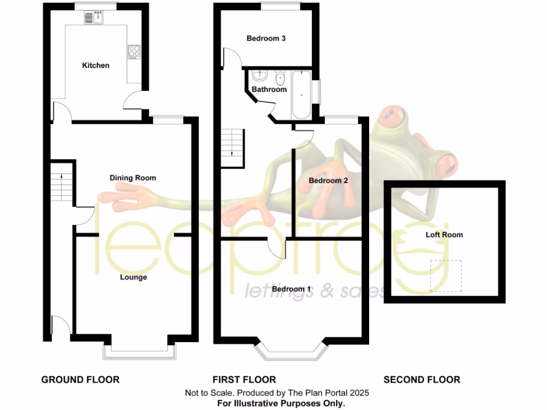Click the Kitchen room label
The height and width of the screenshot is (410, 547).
pyautogui.click(x=96, y=65)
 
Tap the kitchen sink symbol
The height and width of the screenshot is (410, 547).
pyautogui.click(x=95, y=18)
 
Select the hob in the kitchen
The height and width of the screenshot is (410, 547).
pyautogui.click(x=134, y=52)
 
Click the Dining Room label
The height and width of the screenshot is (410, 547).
pyautogui.click(x=133, y=177)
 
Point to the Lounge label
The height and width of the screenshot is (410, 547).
pyautogui.click(x=133, y=277)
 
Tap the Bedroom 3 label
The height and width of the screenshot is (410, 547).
pyautogui.click(x=266, y=38)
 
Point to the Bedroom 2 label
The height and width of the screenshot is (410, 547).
pyautogui.click(x=329, y=180)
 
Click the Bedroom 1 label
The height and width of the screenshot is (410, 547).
pyautogui.click(x=292, y=289)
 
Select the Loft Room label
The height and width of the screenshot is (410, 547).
pyautogui.click(x=444, y=234)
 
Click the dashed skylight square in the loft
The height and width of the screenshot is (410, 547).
pyautogui.click(x=446, y=276)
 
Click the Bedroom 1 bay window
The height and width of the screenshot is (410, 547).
pyautogui.click(x=291, y=352)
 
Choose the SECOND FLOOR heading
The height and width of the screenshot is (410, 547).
pyautogui.click(x=422, y=380)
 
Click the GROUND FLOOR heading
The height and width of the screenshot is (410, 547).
pyautogui.click(x=81, y=380)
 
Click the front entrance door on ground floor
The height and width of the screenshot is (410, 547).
pyautogui.click(x=60, y=326)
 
